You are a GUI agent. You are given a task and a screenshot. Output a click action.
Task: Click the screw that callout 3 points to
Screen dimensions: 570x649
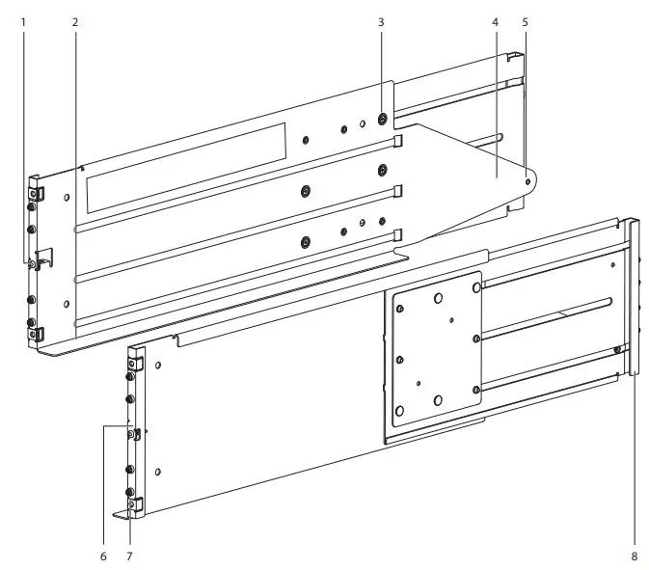pos(383,119)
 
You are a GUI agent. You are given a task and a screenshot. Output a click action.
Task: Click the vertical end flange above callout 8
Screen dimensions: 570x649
pos(634,299)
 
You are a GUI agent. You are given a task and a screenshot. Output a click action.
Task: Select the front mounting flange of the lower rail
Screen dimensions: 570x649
pos(136,429)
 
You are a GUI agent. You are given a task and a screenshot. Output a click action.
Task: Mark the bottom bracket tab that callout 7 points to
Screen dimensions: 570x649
pos(129,505)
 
